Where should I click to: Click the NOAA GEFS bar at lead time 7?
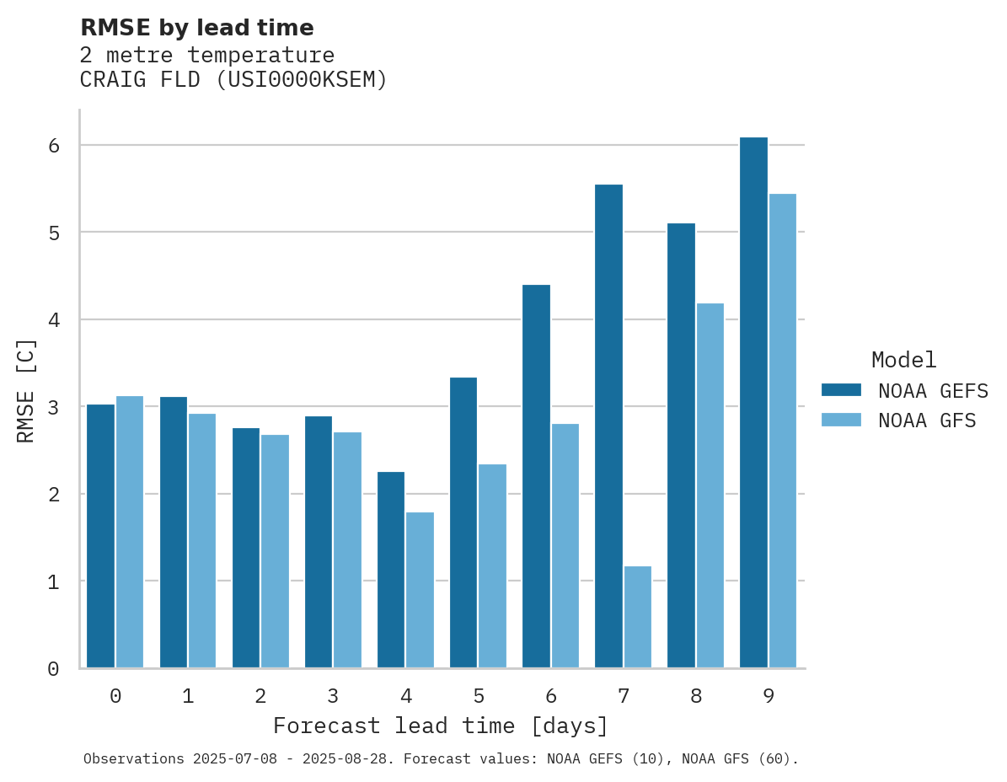click(608, 426)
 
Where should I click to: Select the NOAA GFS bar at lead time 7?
click(638, 617)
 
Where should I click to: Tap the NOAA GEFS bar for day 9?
click(753, 403)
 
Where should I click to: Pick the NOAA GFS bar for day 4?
click(420, 590)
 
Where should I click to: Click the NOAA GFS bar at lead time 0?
click(130, 532)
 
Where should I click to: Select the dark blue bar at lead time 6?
click(536, 476)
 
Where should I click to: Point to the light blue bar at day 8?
click(710, 485)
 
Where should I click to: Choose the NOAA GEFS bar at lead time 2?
click(246, 548)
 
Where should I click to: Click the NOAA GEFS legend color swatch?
click(841, 389)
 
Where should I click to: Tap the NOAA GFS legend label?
click(927, 420)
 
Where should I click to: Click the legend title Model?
click(903, 360)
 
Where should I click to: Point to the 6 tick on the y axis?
click(54, 146)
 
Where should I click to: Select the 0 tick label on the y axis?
click(54, 669)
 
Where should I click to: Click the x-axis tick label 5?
click(479, 696)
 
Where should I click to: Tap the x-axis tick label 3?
click(334, 696)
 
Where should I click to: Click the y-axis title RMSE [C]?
click(26, 390)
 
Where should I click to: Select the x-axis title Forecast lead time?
click(440, 726)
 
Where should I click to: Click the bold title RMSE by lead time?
click(196, 28)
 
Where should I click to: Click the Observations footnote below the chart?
click(441, 758)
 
